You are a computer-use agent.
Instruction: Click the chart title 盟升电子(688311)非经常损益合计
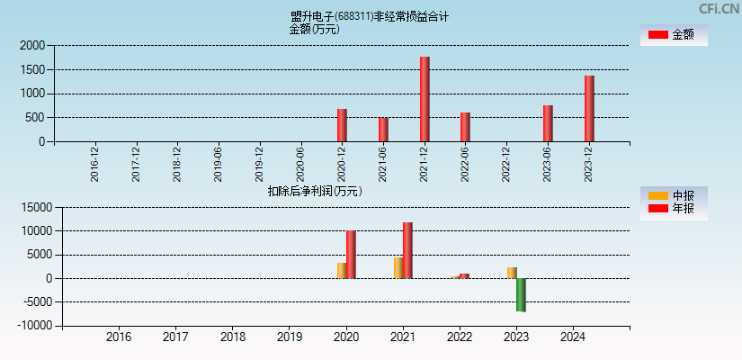[370, 16]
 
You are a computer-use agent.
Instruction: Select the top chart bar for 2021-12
[425, 99]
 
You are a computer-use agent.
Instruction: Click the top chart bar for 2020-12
[342, 125]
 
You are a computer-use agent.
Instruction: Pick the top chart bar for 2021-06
[383, 130]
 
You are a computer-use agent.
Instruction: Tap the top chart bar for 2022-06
[465, 127]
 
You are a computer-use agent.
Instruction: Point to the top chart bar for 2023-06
[548, 123]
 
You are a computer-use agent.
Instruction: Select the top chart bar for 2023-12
[589, 108]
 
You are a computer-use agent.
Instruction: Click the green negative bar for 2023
[521, 294]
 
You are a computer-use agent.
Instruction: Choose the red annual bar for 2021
[407, 250]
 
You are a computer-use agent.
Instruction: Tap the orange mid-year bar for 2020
[342, 270]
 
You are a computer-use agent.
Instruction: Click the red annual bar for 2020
[351, 254]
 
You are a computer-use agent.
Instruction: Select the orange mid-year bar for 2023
[512, 273]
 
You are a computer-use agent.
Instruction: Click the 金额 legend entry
[673, 34]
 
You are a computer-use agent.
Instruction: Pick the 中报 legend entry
[673, 195]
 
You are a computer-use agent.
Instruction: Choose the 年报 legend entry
[673, 208]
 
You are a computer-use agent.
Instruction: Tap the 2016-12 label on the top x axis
[94, 165]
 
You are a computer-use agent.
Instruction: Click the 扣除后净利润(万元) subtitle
[314, 191]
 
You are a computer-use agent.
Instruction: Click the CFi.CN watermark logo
[719, 8]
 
